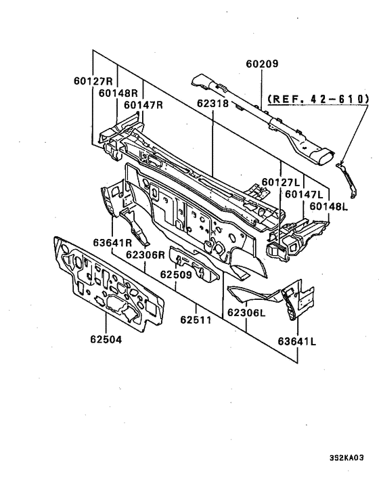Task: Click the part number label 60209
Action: point(262,64)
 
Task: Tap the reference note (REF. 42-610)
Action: point(318,99)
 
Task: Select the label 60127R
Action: point(93,81)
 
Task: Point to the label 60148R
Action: point(118,93)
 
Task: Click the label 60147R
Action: point(143,105)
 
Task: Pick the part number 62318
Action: point(213,104)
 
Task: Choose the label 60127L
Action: point(281,182)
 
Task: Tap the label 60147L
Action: point(304,194)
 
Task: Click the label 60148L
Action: point(329,207)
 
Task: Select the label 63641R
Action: point(112,242)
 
